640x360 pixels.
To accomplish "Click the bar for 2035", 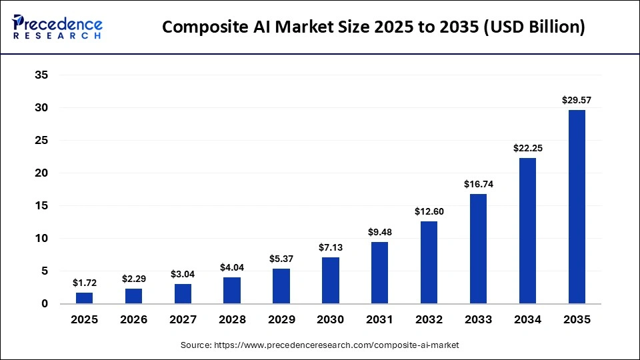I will pyautogui.click(x=577, y=207).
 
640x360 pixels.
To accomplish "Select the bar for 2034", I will pyautogui.click(x=527, y=231).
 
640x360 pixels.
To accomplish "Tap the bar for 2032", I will pyautogui.click(x=429, y=263).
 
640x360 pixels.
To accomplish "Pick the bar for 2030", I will pyautogui.click(x=330, y=281).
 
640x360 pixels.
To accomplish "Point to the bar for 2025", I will pyautogui.click(x=84, y=298).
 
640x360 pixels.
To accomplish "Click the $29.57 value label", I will pyautogui.click(x=577, y=101).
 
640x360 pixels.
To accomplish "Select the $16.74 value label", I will pyautogui.click(x=478, y=184).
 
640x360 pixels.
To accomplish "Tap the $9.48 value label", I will pyautogui.click(x=379, y=232).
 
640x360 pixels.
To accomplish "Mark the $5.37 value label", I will pyautogui.click(x=281, y=259).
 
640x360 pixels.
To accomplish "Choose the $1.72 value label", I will pyautogui.click(x=84, y=283).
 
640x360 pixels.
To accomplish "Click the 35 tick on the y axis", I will pyautogui.click(x=41, y=75).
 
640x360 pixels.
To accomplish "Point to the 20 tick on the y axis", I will pyautogui.click(x=41, y=173).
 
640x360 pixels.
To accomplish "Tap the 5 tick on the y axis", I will pyautogui.click(x=44, y=271).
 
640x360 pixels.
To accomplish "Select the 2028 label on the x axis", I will pyautogui.click(x=232, y=320).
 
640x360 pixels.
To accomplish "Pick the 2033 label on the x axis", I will pyautogui.click(x=478, y=320).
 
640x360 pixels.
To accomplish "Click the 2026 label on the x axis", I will pyautogui.click(x=133, y=320).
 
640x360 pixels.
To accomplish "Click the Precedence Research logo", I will pyautogui.click(x=57, y=27).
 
